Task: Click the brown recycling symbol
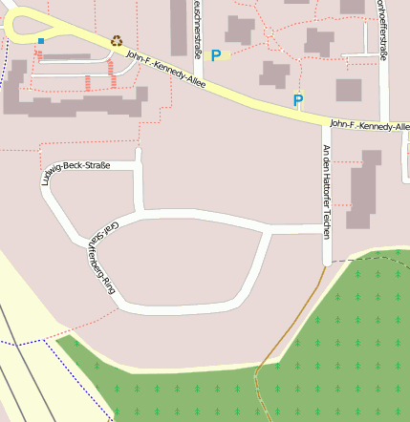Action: [117, 41]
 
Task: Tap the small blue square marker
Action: [41, 40]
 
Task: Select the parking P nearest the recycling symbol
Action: [216, 56]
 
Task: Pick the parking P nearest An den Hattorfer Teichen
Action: [298, 99]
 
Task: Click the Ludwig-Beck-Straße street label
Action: [76, 173]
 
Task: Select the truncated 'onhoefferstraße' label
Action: [383, 29]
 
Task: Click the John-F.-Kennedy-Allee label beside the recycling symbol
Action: [164, 68]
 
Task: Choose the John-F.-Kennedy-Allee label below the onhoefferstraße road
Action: [369, 125]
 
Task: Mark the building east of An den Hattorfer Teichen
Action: [363, 190]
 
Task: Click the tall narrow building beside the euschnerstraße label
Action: [179, 26]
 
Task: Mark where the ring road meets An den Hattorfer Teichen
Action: [326, 231]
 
